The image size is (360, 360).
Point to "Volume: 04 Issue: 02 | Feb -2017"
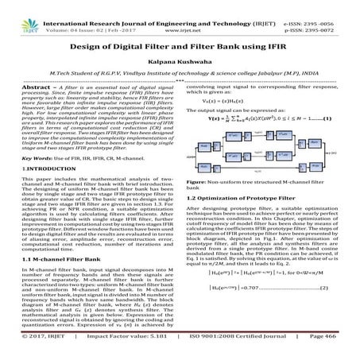pyautogui.click(x=80, y=14)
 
